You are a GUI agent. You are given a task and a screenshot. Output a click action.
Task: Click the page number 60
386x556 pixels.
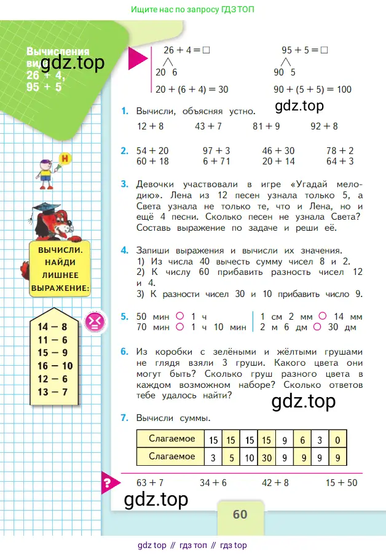(x=240, y=514)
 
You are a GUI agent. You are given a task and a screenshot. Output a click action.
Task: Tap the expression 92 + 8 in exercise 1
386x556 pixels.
(x=324, y=126)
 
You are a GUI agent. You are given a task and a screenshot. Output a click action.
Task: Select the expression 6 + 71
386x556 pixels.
(x=215, y=161)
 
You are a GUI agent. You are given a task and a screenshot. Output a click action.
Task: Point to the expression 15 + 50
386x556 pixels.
(x=341, y=483)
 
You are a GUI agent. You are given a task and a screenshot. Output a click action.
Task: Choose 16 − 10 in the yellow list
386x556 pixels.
(x=55, y=366)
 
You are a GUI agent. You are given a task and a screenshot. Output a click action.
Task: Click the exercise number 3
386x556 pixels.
(x=125, y=184)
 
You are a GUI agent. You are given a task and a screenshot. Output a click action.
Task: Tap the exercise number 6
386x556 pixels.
(x=125, y=352)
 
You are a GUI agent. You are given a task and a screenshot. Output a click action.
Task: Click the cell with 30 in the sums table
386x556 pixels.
(x=267, y=457)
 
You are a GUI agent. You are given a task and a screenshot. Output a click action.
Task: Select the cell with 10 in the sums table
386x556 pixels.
(x=250, y=457)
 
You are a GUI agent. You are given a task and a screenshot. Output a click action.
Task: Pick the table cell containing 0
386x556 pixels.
(x=338, y=439)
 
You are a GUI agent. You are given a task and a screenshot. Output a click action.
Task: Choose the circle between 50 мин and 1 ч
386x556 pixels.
(x=180, y=317)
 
